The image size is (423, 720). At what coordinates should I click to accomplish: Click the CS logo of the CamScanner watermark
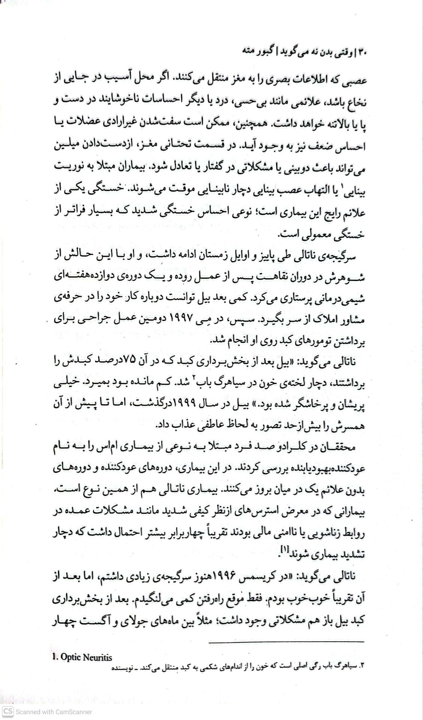(x=8, y=711)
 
